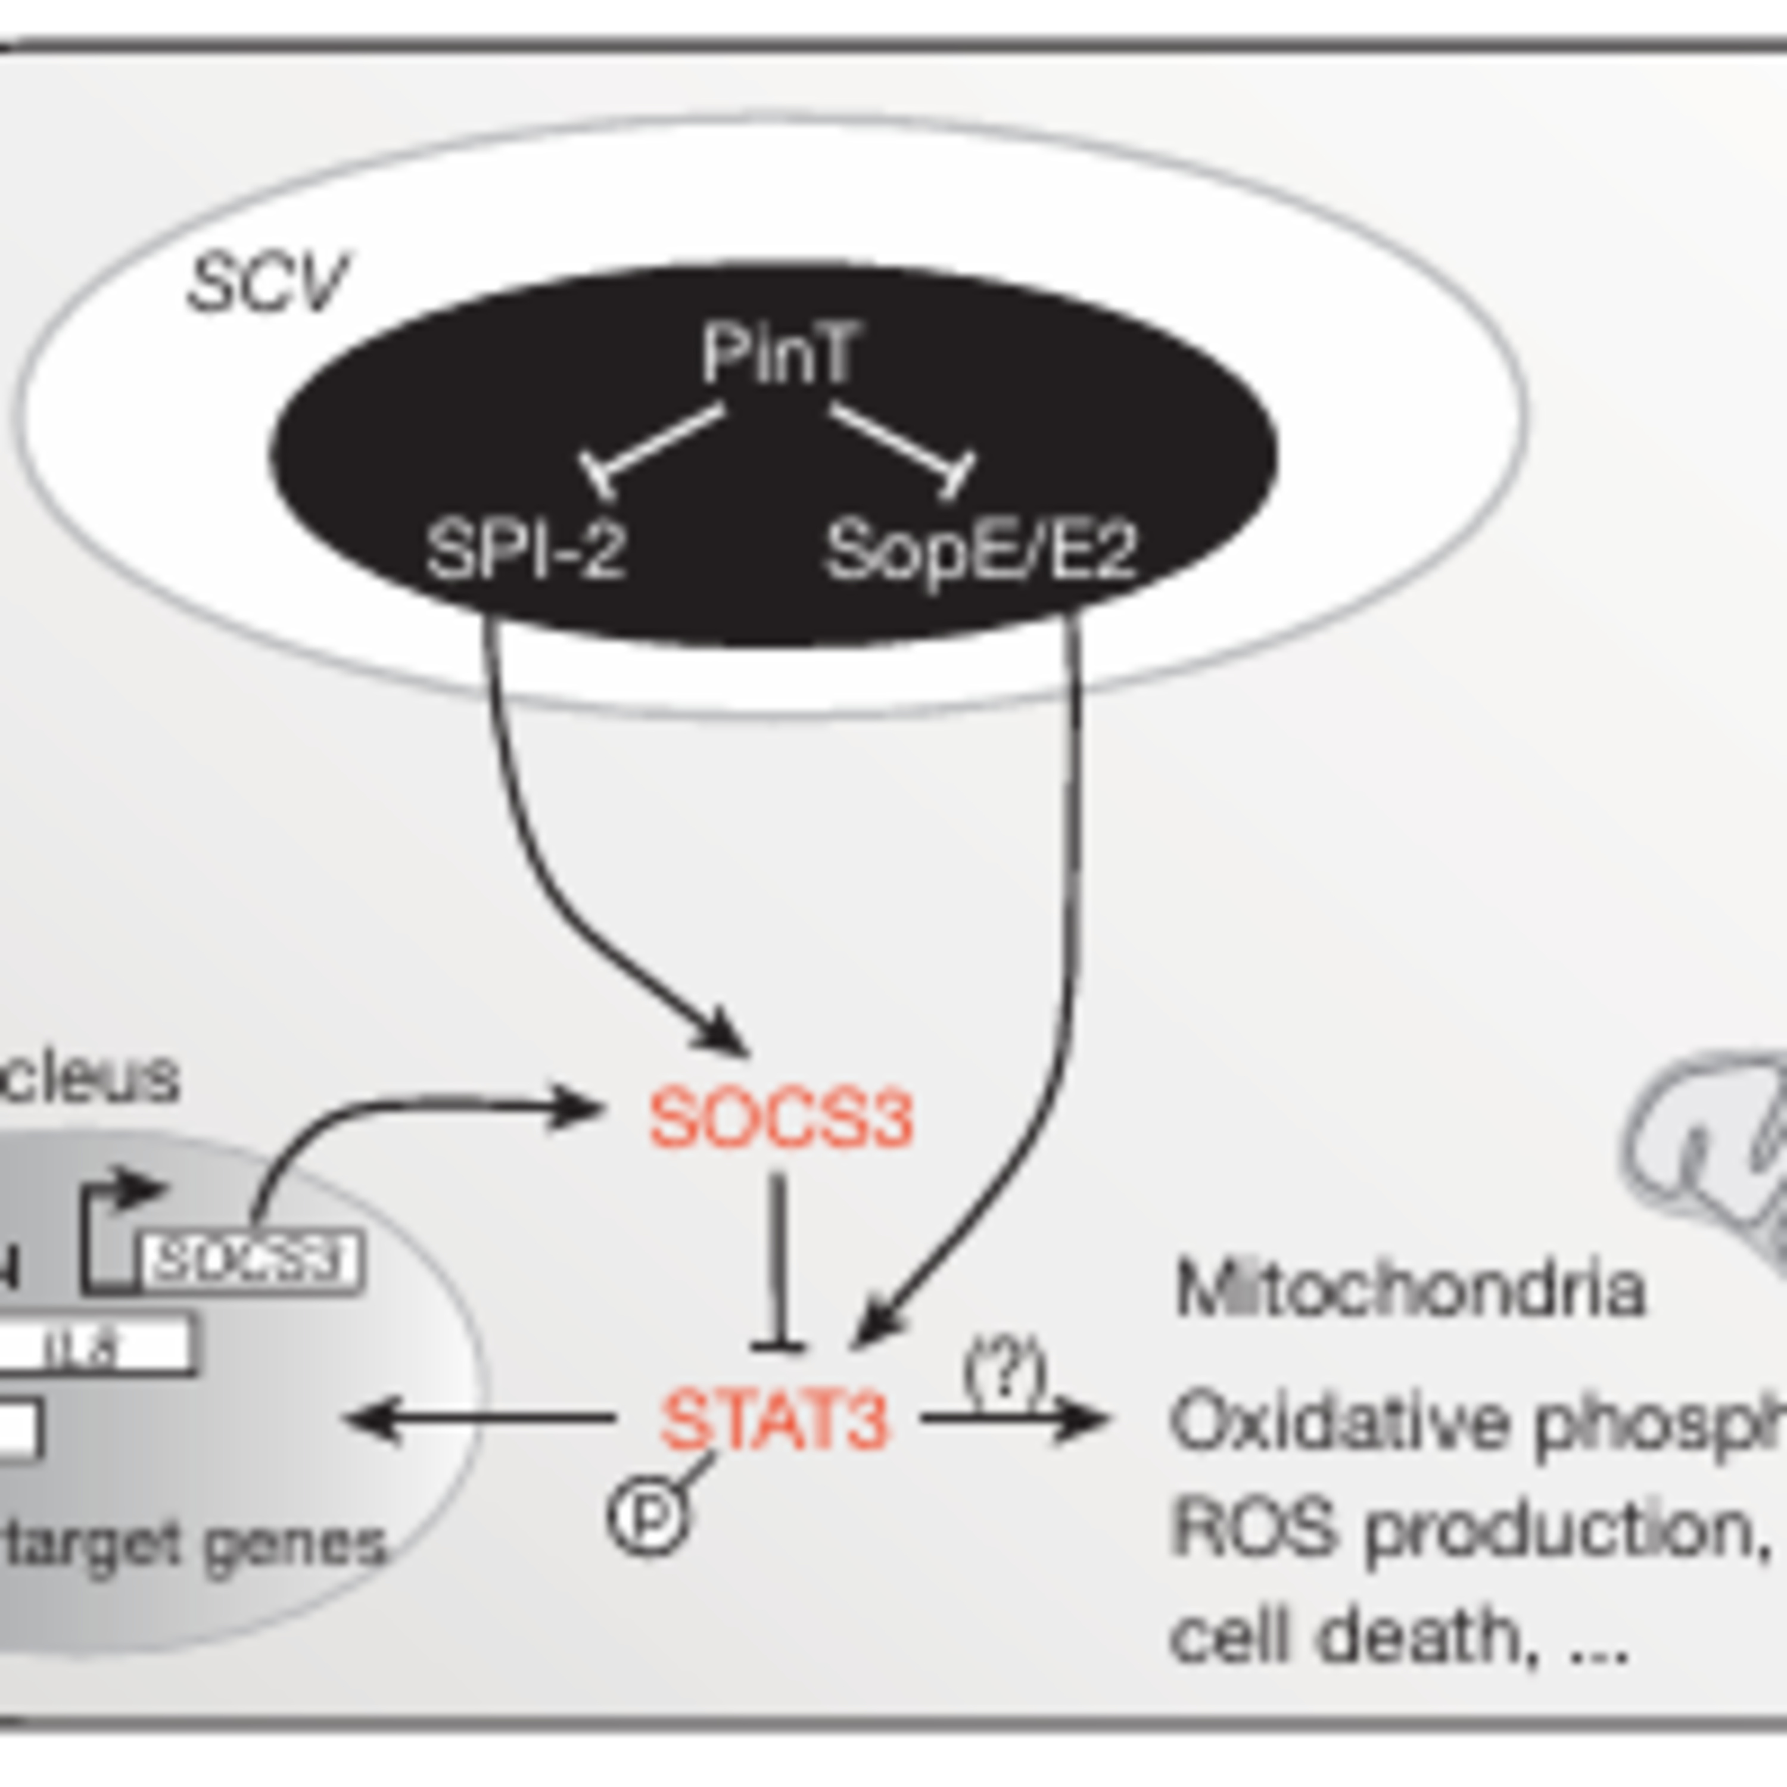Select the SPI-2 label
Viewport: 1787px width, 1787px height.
click(x=525, y=551)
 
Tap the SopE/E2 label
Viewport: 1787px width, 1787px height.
click(x=980, y=551)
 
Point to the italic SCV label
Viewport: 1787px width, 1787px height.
click(x=266, y=283)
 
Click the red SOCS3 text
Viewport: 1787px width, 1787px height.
click(x=782, y=1119)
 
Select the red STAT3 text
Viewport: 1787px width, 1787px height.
click(x=775, y=1420)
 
